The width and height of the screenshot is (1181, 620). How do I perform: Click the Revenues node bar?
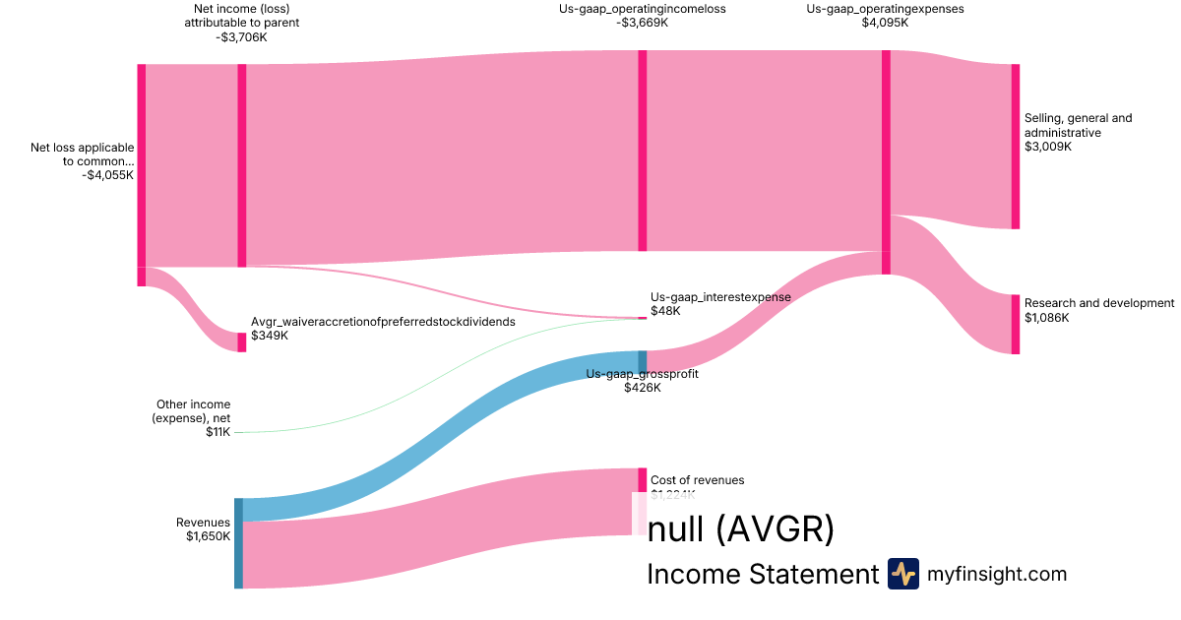tap(238, 543)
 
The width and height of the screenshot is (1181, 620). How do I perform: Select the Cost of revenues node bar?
tap(642, 480)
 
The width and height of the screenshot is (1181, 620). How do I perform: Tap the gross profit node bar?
tap(643, 361)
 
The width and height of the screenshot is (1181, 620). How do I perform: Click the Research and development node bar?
tap(1015, 324)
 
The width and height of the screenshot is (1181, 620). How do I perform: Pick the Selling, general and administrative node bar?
tap(1015, 147)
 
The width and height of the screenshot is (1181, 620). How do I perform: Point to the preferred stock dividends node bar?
tap(242, 341)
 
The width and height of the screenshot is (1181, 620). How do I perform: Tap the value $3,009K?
tap(1048, 147)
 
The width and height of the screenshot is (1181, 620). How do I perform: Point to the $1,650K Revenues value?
tap(208, 536)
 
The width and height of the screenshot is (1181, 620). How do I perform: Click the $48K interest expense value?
tap(664, 311)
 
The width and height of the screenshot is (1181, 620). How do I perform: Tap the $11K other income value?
tap(218, 432)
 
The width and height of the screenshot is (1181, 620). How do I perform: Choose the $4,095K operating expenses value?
tap(885, 23)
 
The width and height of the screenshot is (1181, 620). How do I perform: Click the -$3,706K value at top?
tap(241, 37)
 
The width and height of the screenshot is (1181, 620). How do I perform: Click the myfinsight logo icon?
tap(903, 574)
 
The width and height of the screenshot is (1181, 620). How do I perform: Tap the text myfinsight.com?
tap(997, 574)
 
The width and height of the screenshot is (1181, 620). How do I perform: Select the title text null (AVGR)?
tap(740, 530)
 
